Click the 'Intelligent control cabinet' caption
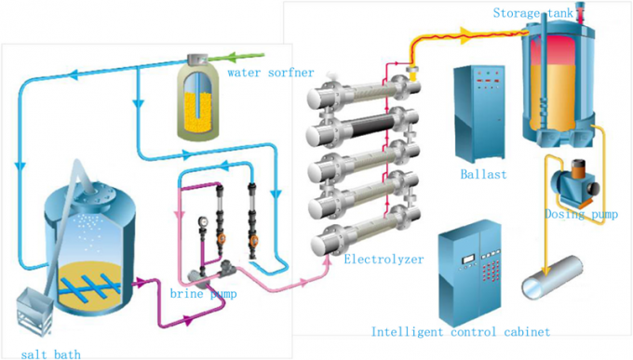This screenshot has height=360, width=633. (x=460, y=331)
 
